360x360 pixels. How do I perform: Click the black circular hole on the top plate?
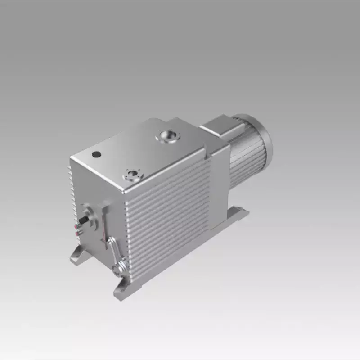96,154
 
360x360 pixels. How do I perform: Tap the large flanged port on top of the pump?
167,136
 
